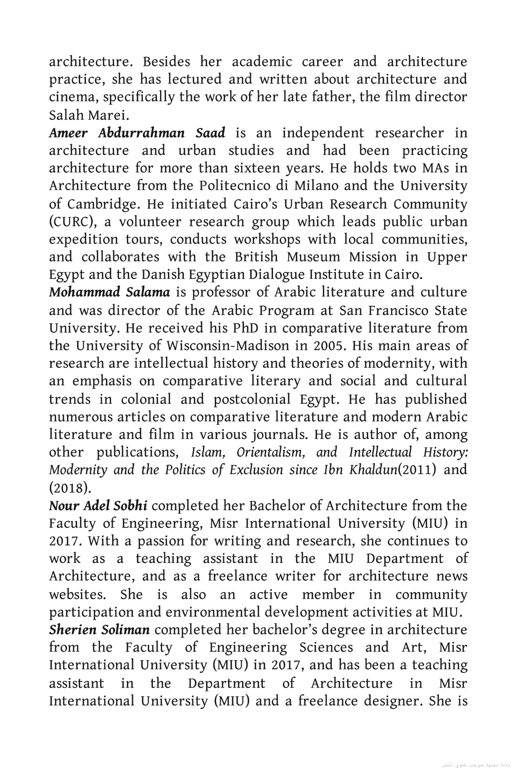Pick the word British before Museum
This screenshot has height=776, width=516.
pyautogui.click(x=256, y=257)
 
